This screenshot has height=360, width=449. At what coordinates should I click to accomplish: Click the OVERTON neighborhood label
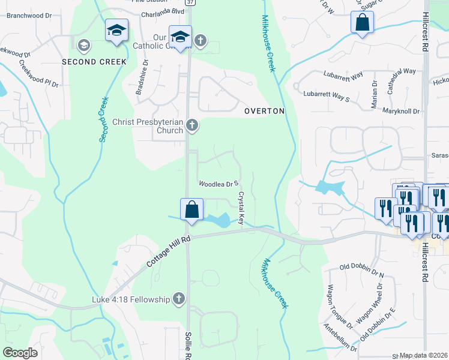[x=264, y=112]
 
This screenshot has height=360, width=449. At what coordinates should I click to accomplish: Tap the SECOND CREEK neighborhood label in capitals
[x=94, y=62]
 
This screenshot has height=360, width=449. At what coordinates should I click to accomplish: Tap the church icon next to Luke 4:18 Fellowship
[x=178, y=298]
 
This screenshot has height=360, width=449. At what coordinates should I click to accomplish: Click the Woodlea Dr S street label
[x=219, y=183]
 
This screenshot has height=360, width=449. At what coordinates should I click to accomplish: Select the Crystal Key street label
[x=241, y=208]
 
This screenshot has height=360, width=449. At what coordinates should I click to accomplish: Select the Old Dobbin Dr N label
[x=361, y=270]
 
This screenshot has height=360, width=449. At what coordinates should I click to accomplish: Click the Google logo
[x=20, y=353]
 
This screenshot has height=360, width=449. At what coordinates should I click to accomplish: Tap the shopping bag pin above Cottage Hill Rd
[x=191, y=211]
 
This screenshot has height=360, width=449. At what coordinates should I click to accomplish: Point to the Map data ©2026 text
[x=424, y=355]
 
